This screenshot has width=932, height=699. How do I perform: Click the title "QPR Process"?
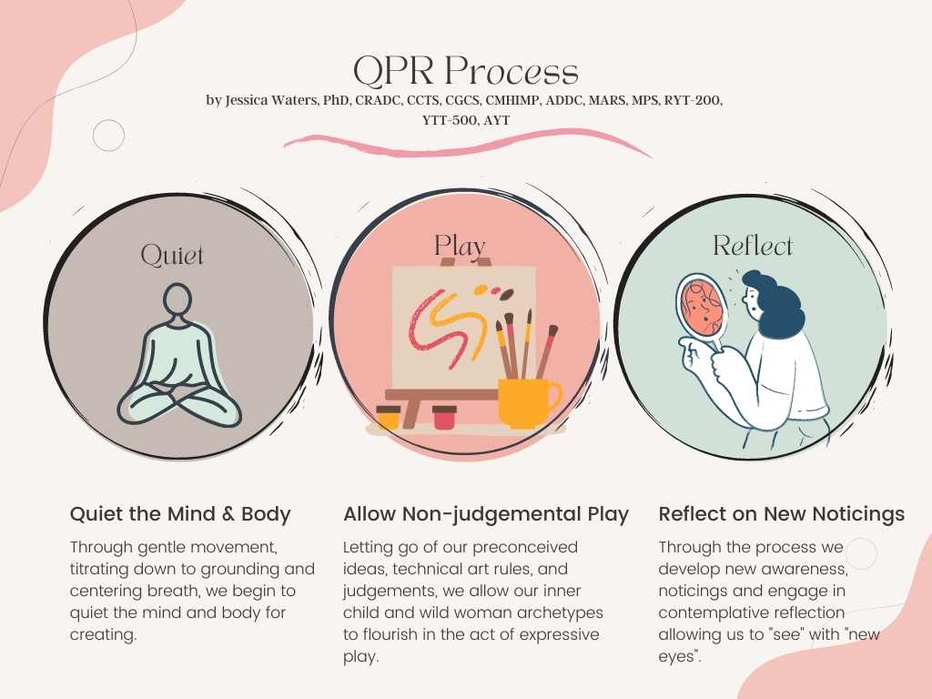point(465,71)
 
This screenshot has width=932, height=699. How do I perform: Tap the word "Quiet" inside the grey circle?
point(172,256)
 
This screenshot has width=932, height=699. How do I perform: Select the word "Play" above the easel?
point(459,246)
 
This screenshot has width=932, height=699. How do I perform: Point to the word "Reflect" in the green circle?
point(753,246)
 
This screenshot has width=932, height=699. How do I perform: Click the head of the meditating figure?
point(177,300)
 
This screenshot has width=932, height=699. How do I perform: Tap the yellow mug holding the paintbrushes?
point(529,402)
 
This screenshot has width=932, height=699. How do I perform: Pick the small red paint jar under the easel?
point(444,417)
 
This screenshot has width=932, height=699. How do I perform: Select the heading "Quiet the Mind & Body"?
point(180,514)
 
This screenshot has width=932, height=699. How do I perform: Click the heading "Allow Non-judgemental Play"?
point(486,514)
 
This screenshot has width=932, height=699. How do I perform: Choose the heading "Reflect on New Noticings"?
point(781,514)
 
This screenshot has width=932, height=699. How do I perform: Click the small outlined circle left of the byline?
point(109,135)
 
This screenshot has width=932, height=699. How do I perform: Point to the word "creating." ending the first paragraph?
point(103,634)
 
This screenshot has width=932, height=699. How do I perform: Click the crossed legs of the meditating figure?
point(179,404)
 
